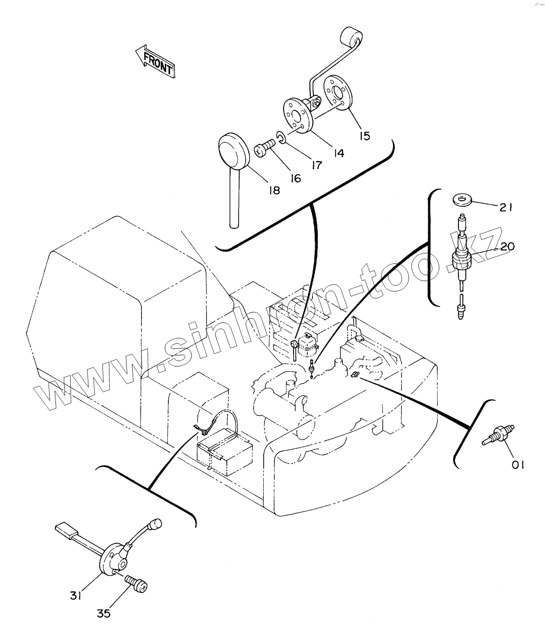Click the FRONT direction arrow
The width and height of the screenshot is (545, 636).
pyautogui.click(x=155, y=62)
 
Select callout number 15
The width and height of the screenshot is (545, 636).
pyautogui.click(x=365, y=136)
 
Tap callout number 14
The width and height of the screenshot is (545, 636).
pyautogui.click(x=339, y=153)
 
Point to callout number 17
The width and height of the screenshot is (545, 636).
pyautogui.click(x=316, y=165)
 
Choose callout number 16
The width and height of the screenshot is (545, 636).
pyautogui.click(x=295, y=178)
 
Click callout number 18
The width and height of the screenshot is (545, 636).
pyautogui.click(x=274, y=191)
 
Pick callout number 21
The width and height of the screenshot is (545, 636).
pyautogui.click(x=505, y=208)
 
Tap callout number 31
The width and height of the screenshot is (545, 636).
pyautogui.click(x=76, y=596)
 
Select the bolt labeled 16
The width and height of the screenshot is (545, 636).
pyautogui.click(x=265, y=148)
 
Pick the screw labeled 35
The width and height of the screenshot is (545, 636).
pyautogui.click(x=136, y=584)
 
